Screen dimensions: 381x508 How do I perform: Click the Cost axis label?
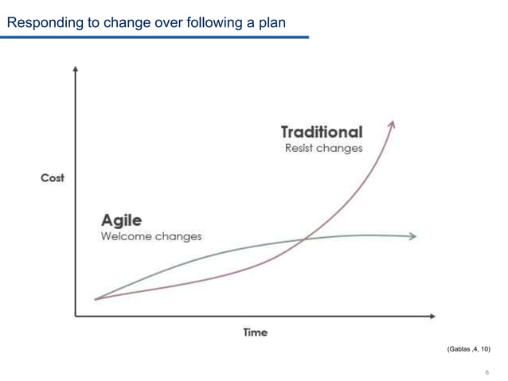[x=53, y=177]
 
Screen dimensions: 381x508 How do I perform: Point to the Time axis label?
[x=255, y=332]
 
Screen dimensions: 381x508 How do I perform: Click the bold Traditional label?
[x=321, y=131]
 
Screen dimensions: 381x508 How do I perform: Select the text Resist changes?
[x=323, y=148]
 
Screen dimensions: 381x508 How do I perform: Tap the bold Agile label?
[x=120, y=220]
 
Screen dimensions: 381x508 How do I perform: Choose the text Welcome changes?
[x=150, y=236]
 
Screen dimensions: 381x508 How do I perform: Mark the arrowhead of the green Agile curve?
[x=412, y=236]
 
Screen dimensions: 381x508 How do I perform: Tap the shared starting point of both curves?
[x=96, y=299]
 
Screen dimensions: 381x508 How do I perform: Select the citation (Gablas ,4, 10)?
[x=470, y=349]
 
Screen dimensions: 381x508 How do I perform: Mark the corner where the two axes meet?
[x=75, y=317]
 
